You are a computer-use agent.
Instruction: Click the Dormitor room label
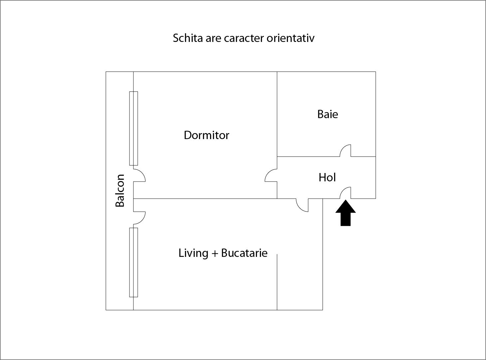click(206, 135)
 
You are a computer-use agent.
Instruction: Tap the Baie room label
click(328, 114)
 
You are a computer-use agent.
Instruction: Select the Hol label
click(327, 177)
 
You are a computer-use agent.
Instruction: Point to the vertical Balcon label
click(120, 190)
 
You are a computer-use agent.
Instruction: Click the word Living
click(193, 253)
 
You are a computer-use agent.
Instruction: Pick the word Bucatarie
click(244, 253)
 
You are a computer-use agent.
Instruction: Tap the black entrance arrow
click(346, 213)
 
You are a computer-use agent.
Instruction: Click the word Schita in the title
click(188, 38)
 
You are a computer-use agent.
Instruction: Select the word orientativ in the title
click(291, 38)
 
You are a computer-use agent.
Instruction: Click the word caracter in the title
click(244, 38)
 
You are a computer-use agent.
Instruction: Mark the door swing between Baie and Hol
click(345, 150)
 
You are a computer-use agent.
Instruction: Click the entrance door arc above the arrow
click(345, 193)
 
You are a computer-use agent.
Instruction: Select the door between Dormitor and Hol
click(271, 175)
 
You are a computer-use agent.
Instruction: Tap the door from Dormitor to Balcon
click(139, 175)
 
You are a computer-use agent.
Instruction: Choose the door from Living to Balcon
click(139, 218)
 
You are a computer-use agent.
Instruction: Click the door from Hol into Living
click(302, 205)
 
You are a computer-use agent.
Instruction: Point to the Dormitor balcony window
click(133, 128)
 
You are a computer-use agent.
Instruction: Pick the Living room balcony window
click(133, 263)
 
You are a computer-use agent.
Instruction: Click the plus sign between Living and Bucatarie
click(215, 254)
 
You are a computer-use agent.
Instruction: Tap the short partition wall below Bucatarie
click(277, 282)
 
